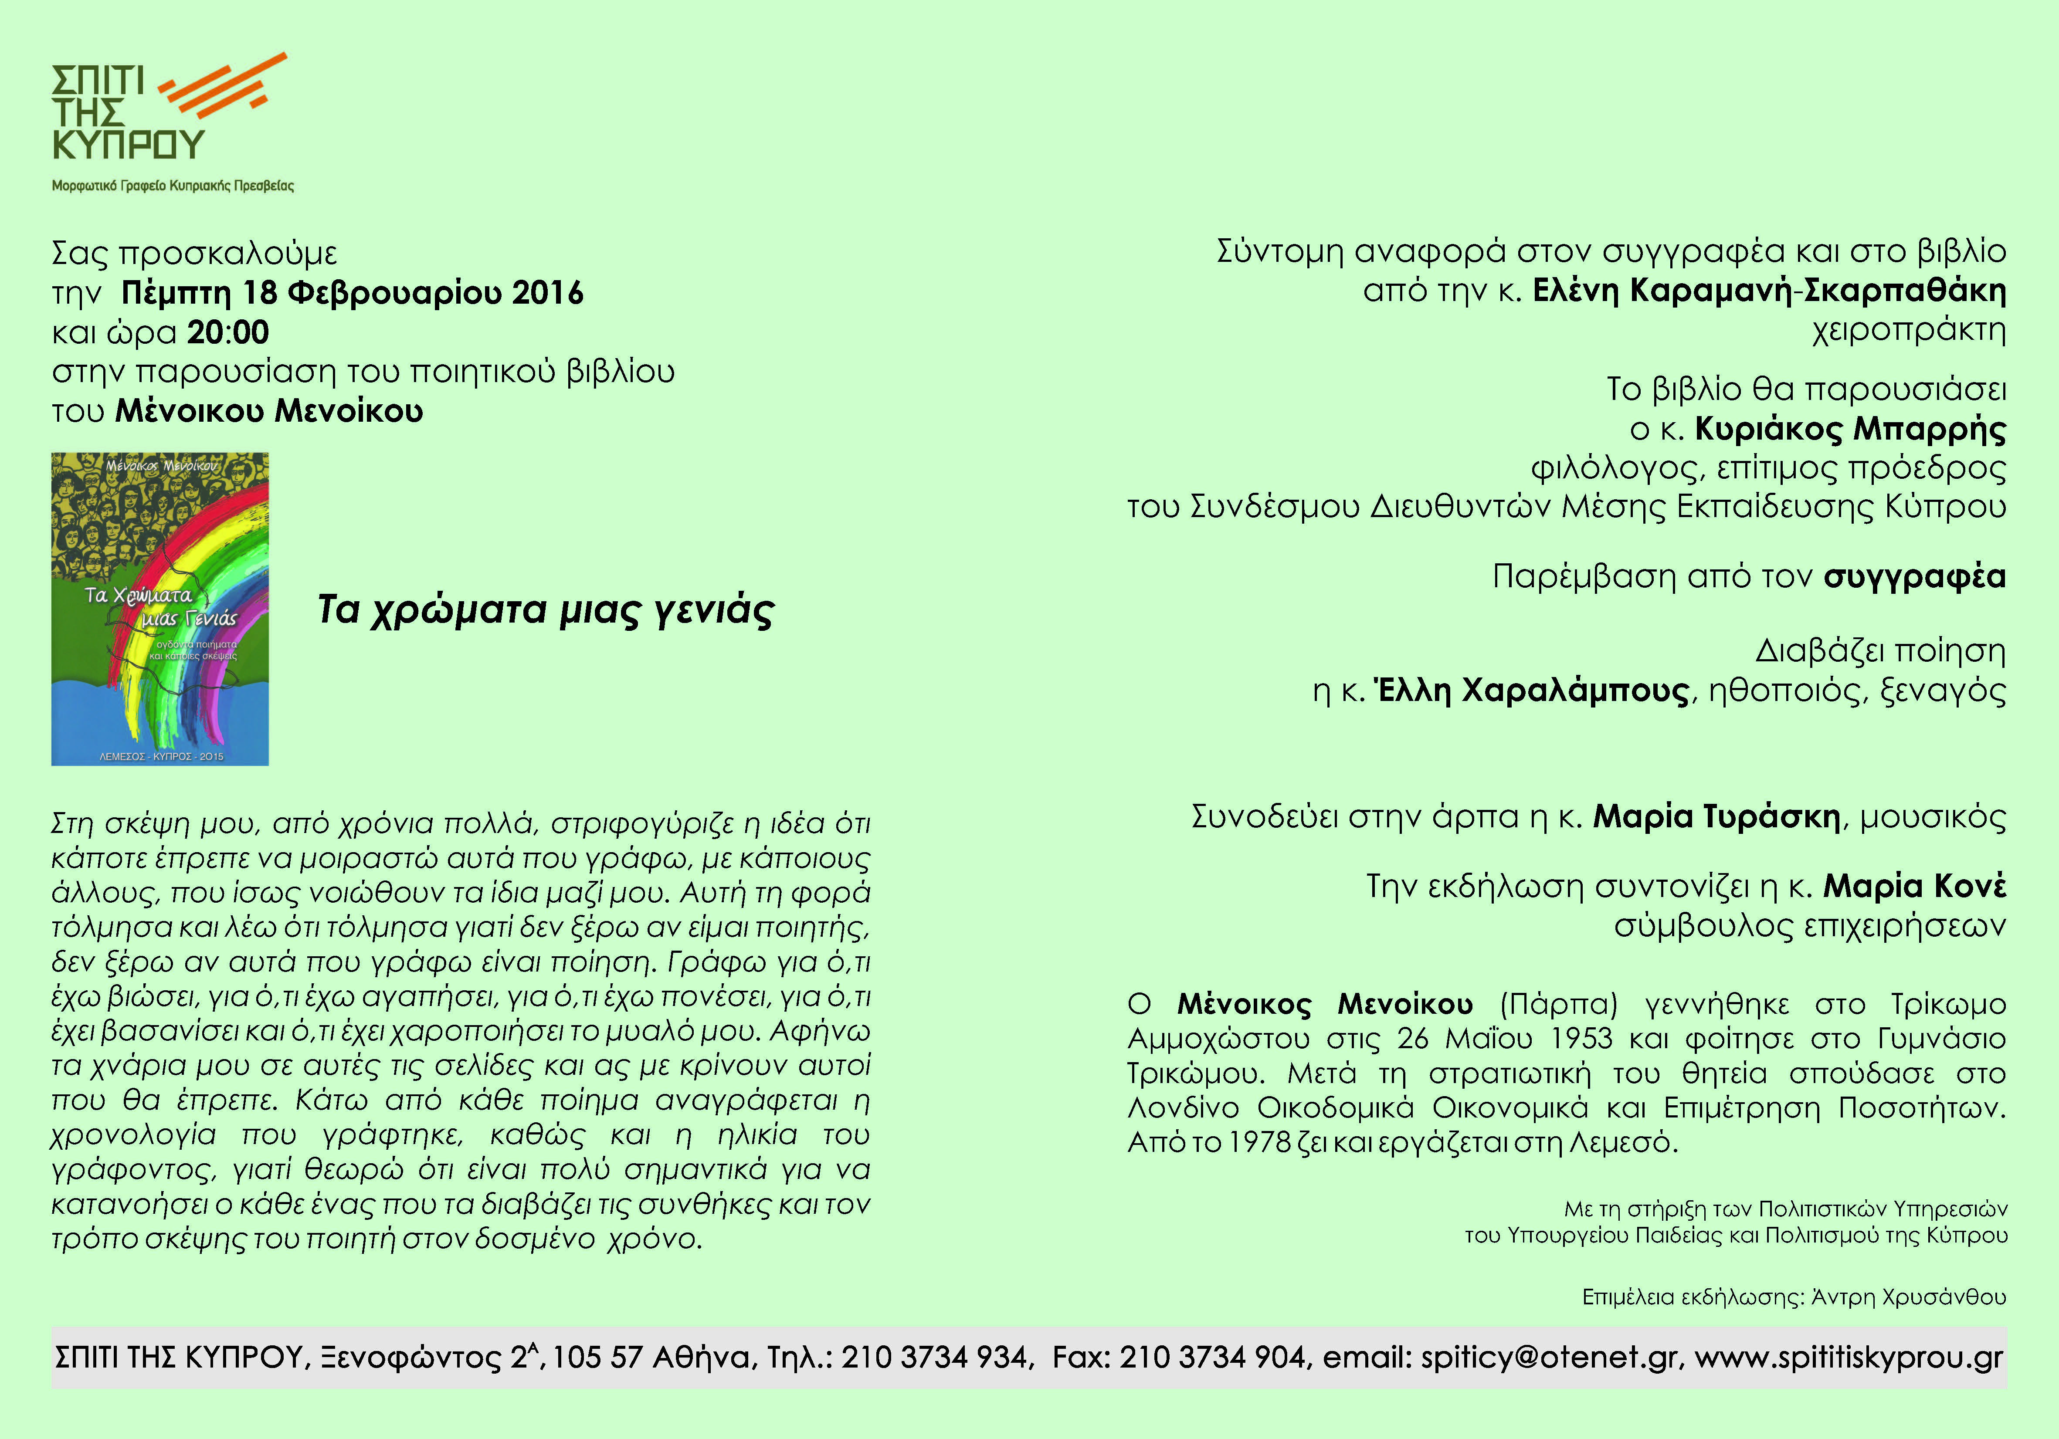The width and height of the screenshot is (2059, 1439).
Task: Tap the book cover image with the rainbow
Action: coord(159,609)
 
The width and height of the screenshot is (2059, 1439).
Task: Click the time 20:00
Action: coord(228,332)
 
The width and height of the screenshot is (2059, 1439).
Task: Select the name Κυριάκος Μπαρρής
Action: coord(1849,430)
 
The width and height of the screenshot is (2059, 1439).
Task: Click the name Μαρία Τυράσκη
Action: coord(1716,817)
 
